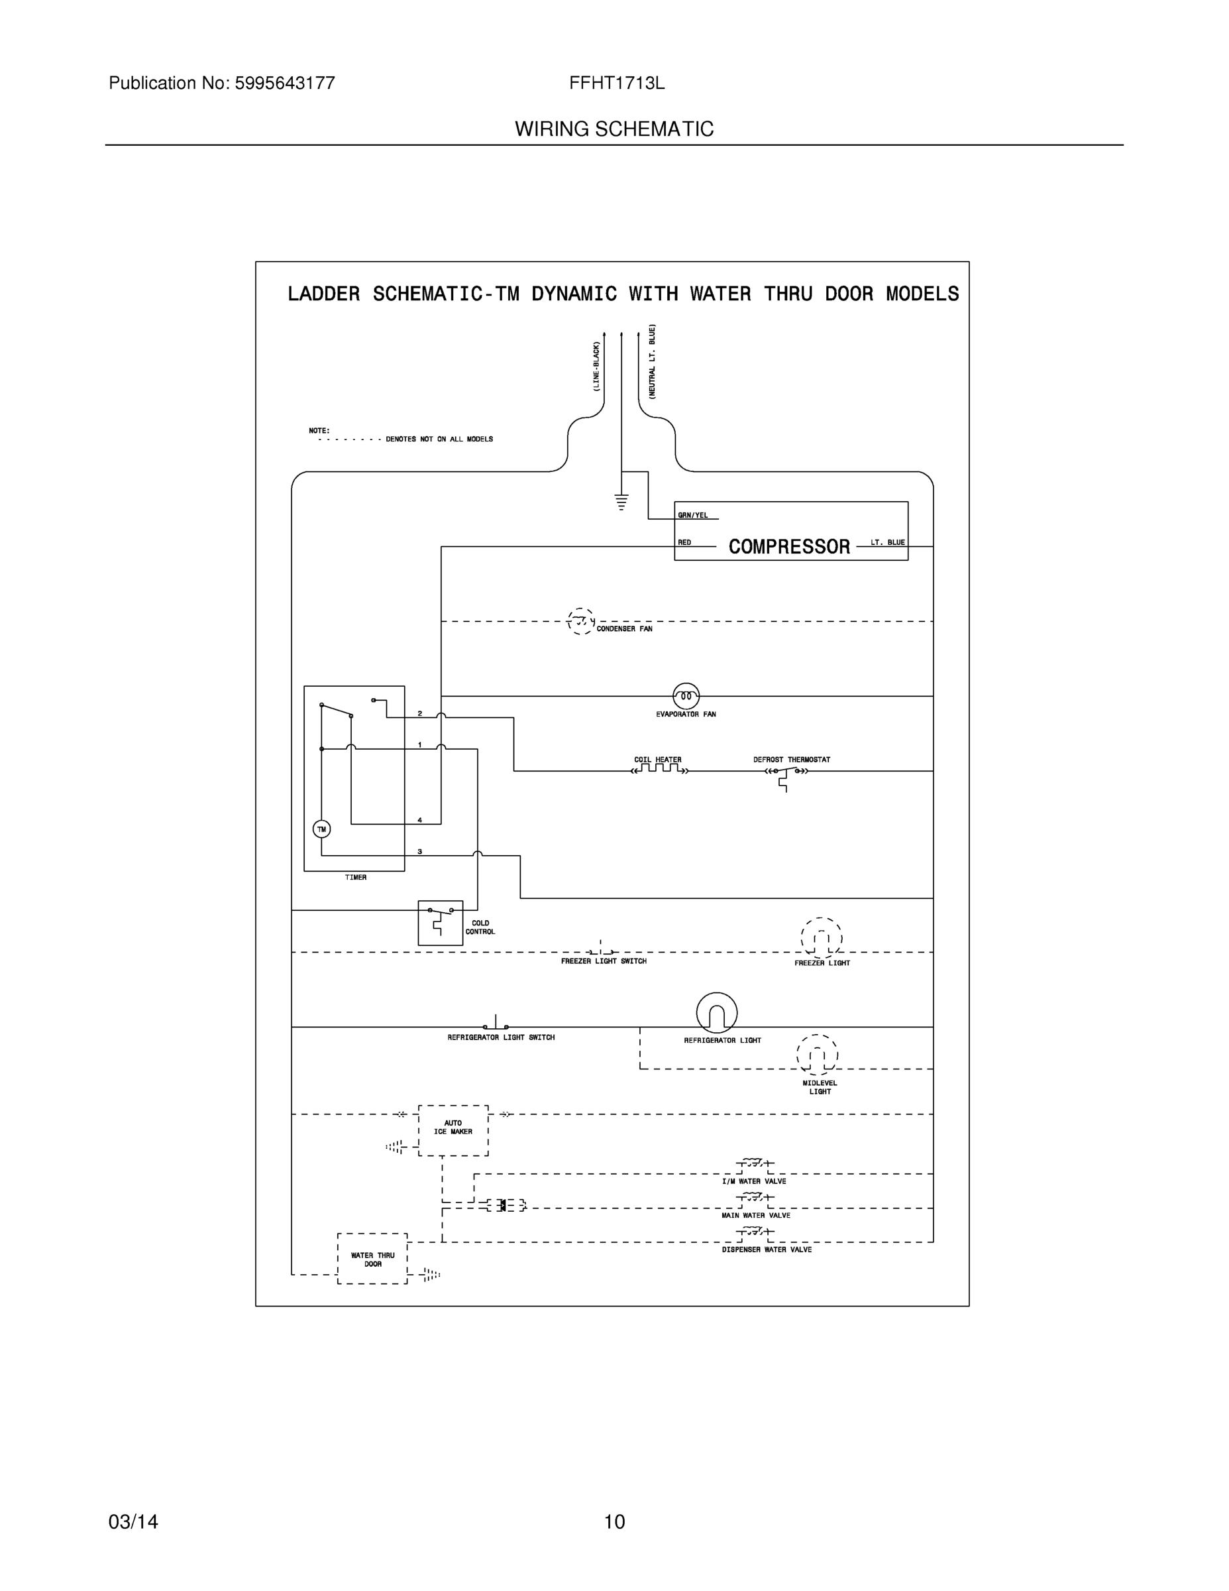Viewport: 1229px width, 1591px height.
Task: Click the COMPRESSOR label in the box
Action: [x=788, y=546]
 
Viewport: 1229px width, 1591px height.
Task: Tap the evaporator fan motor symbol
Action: [x=685, y=695]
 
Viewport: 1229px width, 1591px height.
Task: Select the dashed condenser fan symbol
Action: [x=580, y=621]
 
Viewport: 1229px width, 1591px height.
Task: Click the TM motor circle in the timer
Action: [x=321, y=829]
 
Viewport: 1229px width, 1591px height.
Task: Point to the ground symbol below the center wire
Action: [x=621, y=502]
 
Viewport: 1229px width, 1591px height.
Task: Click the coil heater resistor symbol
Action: [x=659, y=769]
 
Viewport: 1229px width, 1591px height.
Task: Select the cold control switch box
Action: [x=440, y=922]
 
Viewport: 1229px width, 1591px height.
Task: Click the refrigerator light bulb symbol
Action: [x=716, y=1012]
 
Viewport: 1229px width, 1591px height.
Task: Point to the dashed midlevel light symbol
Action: [x=818, y=1054]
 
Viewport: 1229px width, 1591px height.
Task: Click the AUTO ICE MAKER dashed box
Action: [x=453, y=1130]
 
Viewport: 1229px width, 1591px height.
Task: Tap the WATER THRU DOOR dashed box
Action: [x=372, y=1259]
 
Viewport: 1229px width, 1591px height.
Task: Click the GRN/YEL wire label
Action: [x=692, y=515]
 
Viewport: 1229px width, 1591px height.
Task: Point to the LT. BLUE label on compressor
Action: [x=888, y=542]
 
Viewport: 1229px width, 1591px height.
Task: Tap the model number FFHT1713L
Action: [x=617, y=83]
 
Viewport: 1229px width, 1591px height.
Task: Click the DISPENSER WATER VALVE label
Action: [x=767, y=1250]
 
